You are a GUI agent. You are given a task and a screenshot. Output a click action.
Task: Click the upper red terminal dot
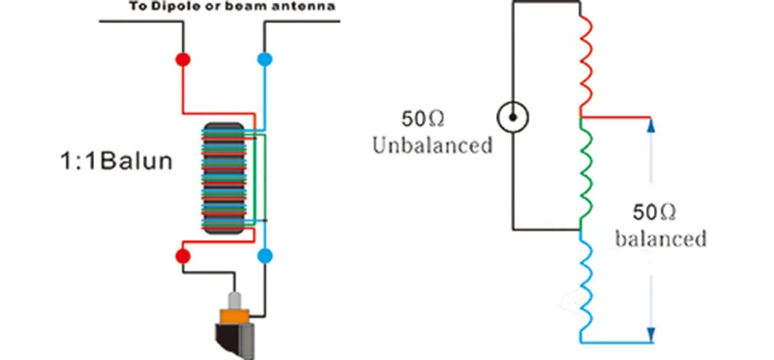183,59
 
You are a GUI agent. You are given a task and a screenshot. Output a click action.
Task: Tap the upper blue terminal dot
265,59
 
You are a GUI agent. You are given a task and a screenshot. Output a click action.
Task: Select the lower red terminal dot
183,255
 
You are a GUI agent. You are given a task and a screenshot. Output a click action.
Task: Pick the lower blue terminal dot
265,255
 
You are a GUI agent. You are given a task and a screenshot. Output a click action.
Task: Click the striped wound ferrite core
223,178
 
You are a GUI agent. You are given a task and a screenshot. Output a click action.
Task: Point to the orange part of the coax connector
236,315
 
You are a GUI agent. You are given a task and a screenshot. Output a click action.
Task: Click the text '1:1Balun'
116,161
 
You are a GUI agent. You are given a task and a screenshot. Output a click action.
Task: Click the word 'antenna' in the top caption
311,7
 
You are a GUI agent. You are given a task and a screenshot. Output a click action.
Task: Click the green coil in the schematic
585,174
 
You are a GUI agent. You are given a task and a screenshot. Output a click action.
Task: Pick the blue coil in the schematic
585,286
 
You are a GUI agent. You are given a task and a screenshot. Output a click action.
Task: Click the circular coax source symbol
513,117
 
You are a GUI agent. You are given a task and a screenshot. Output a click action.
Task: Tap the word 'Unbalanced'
432,145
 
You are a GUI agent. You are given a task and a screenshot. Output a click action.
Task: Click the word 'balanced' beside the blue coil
661,239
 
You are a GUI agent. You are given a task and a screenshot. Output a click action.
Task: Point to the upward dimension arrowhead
650,126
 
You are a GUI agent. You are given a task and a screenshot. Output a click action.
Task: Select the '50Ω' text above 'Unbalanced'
423,119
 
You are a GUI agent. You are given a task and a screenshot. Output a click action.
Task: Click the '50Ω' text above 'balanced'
655,213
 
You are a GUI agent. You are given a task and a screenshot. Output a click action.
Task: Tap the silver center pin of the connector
235,301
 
